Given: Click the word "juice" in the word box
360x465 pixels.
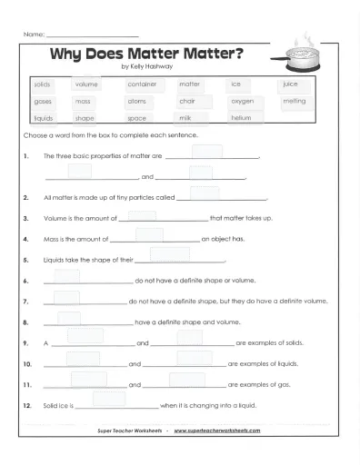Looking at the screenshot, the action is click(x=291, y=84).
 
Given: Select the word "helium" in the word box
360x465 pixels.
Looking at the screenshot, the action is click(x=241, y=118).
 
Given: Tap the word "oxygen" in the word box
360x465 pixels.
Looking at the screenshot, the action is click(x=242, y=102).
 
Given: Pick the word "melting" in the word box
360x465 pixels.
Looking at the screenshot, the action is click(x=295, y=102).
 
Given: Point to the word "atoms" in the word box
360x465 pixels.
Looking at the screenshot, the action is click(x=136, y=102).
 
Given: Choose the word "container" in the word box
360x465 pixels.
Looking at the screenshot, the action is click(x=142, y=84).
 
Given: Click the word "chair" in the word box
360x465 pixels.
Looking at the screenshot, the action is click(x=188, y=102).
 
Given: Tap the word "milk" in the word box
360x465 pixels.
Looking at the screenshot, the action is click(x=185, y=118).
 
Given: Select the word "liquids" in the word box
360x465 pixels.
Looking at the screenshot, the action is click(x=44, y=118).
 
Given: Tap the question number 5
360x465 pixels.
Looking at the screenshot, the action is click(x=28, y=260).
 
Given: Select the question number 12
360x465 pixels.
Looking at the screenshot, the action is click(x=30, y=404).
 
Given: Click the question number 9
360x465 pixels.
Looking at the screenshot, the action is click(x=28, y=343).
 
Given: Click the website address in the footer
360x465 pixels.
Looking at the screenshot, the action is click(x=217, y=430).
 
